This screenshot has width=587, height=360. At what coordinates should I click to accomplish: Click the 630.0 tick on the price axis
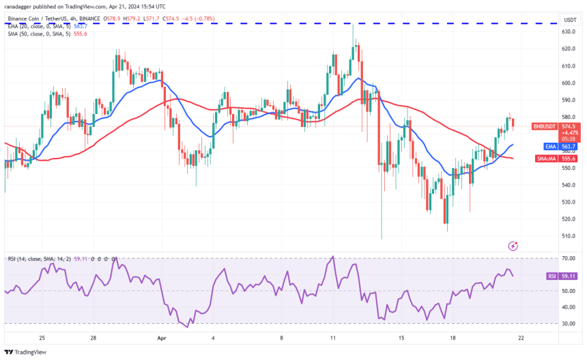(568, 31)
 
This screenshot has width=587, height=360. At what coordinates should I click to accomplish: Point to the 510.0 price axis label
(568, 236)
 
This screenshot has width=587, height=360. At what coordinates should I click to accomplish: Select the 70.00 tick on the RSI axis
(568, 259)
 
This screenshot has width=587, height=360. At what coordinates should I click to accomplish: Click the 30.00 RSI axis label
(568, 323)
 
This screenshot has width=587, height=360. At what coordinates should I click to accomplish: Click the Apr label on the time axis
(161, 337)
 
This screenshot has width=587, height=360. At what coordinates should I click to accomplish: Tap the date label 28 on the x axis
(93, 337)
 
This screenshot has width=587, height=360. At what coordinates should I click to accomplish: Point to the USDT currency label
(568, 20)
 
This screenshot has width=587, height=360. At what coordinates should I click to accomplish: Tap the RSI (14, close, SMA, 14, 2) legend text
(41, 258)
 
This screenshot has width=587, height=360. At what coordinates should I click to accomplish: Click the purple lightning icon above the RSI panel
(513, 245)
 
